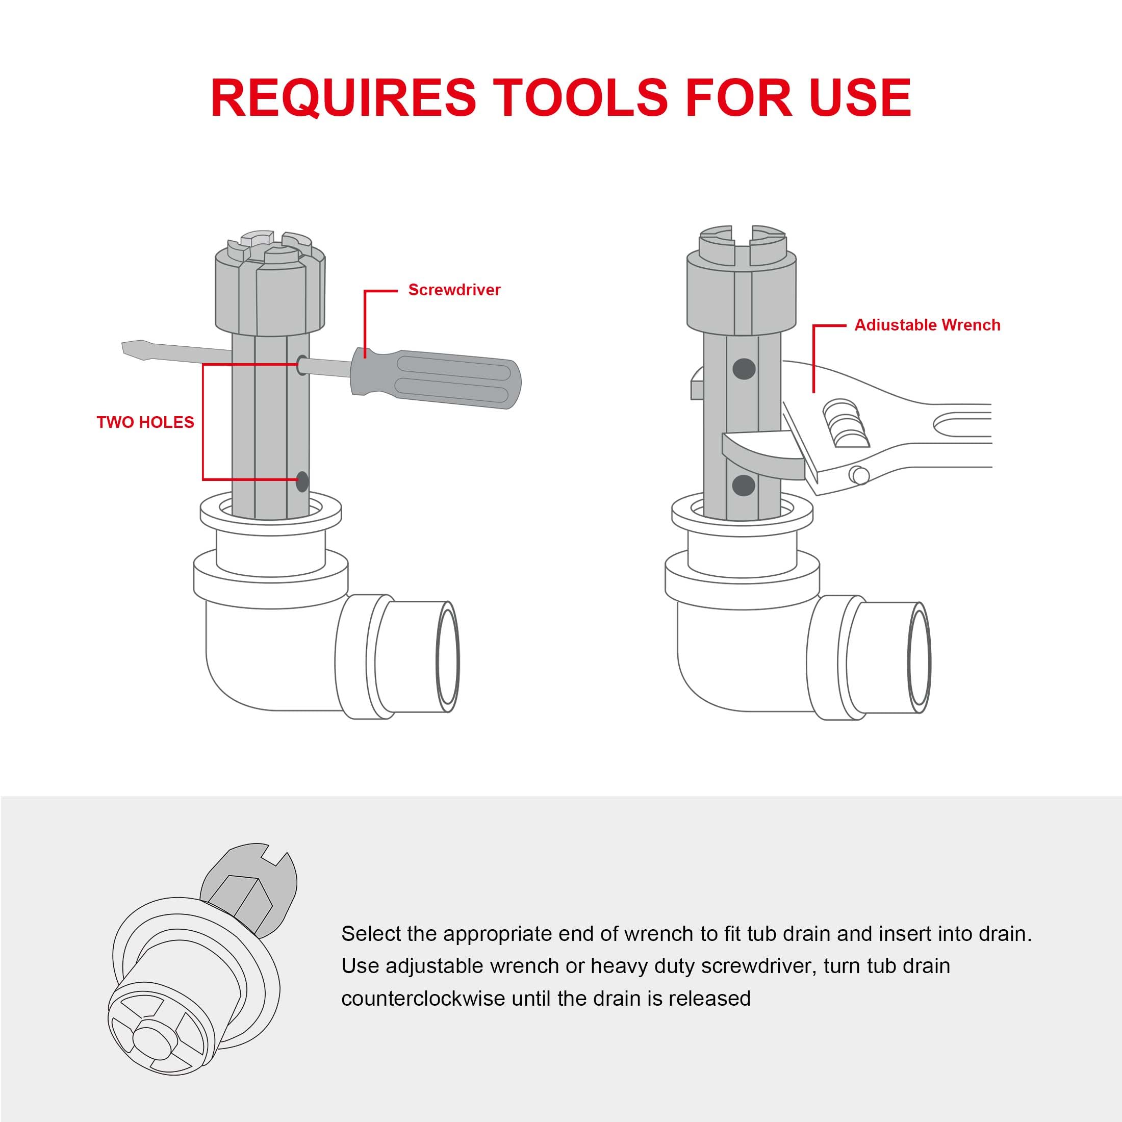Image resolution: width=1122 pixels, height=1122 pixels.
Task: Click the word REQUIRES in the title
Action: coord(343,97)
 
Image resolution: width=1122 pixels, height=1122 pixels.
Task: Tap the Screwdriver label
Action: coord(454,290)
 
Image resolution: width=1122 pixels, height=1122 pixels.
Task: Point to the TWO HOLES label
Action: coord(145,422)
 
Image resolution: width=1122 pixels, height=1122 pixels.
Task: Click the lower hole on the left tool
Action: coord(302,481)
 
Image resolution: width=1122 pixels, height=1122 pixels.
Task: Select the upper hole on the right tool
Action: coord(744,368)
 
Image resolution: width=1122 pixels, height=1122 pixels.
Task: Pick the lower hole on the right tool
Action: coord(744,485)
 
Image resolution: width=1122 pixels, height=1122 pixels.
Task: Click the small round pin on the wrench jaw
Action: coord(859,475)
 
